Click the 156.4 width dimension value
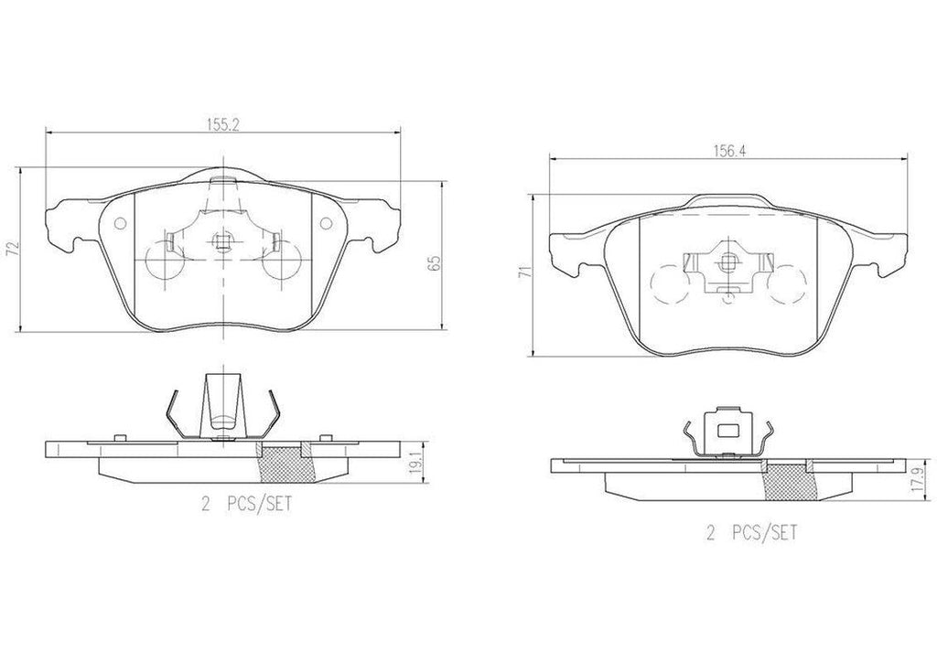pos(728,153)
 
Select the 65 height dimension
pos(435,262)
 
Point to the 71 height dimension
pos(522,272)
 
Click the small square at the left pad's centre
pos(221,241)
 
